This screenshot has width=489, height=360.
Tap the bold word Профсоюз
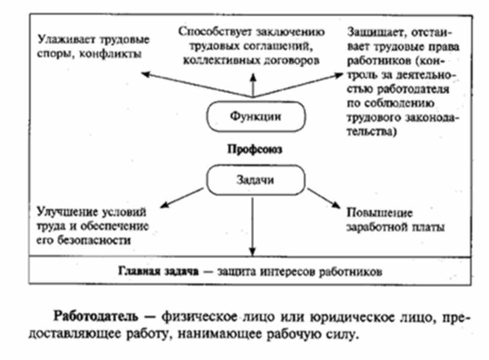click(x=253, y=148)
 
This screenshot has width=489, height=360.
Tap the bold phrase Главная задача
click(x=158, y=271)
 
